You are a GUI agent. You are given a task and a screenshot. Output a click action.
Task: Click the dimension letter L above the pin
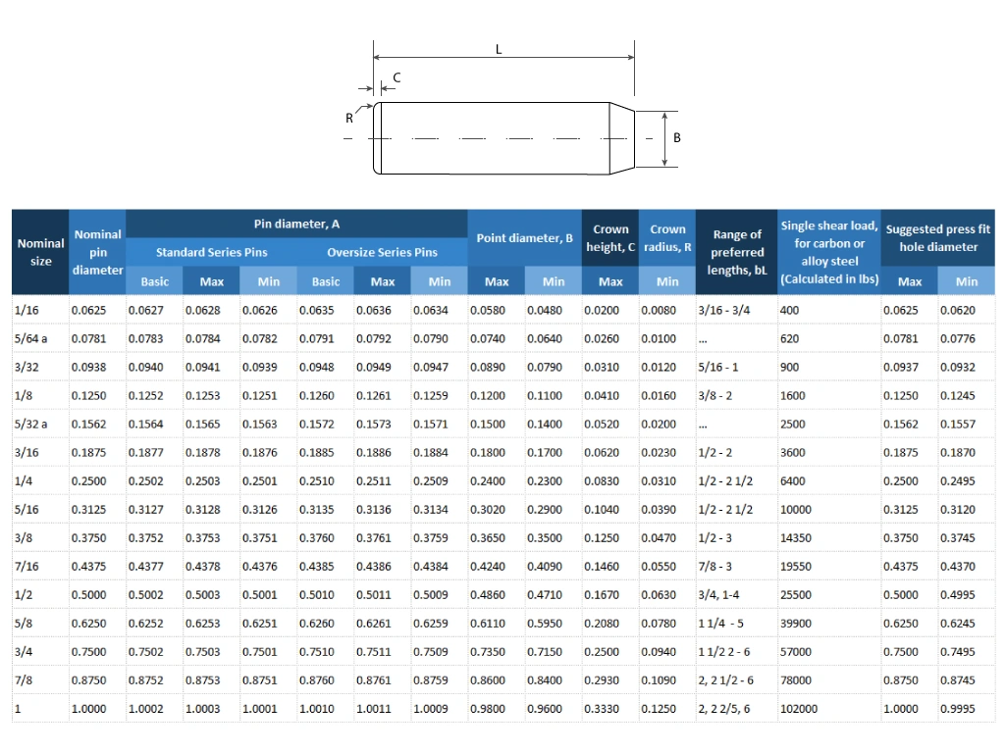pos(499,49)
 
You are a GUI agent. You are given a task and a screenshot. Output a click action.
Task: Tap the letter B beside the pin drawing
pos(676,138)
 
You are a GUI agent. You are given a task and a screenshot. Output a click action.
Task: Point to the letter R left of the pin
pos(348,118)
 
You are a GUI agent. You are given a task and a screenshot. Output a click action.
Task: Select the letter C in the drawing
pos(397,76)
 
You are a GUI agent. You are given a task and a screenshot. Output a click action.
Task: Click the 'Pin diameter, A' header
pos(296,225)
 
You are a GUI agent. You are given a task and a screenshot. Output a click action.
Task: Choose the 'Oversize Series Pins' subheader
pos(382,252)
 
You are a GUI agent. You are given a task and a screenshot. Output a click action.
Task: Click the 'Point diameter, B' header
pos(524,238)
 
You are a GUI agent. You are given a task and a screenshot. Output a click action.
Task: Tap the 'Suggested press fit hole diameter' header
pos(937,238)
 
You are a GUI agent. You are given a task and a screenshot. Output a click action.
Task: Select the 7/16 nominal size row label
pos(26,567)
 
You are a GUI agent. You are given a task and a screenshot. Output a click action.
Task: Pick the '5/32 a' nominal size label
pos(30,425)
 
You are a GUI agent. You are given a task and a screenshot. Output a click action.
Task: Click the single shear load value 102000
pos(798,709)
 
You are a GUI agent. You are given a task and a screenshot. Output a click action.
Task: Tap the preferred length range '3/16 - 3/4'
pos(723,311)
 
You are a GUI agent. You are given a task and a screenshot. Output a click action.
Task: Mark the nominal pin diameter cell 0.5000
pos(88,595)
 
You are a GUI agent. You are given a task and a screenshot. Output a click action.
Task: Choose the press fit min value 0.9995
pos(957,709)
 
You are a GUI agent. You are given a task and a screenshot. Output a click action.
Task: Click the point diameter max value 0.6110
pos(488,624)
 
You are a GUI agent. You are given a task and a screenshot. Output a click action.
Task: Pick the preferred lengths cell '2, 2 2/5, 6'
pos(723,709)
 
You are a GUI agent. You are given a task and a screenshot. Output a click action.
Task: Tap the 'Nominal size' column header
pos(40,252)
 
